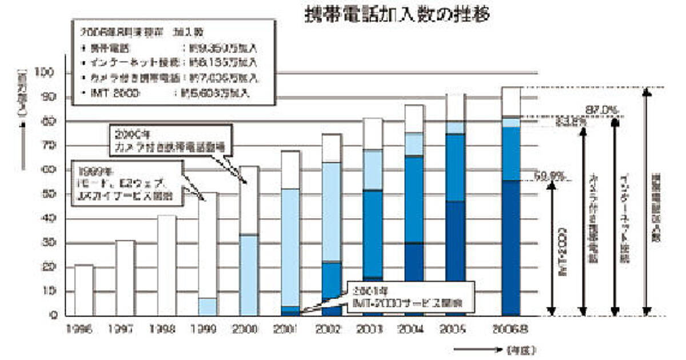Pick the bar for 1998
(166, 265)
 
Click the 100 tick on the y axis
(46, 73)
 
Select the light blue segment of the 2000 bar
(249, 275)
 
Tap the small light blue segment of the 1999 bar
(208, 307)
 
